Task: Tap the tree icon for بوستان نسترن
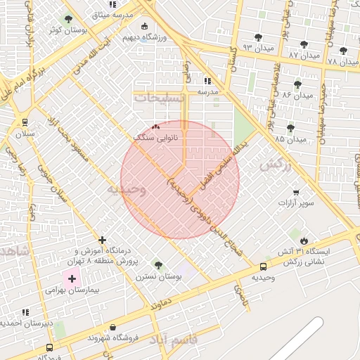click(157, 265)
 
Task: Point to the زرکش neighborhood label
click(275, 165)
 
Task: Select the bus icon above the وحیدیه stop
click(263, 267)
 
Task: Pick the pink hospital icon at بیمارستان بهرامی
click(72, 279)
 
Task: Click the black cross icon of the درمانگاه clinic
click(103, 240)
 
